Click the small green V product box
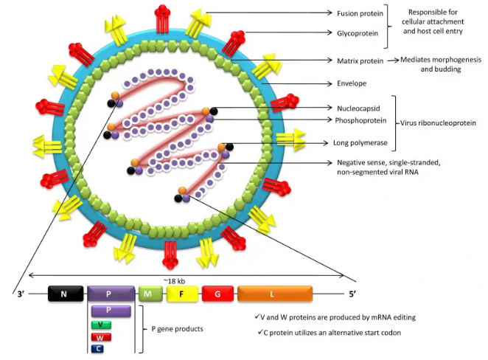click(x=102, y=325)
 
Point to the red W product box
click(x=102, y=336)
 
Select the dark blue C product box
click(x=99, y=348)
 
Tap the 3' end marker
click(x=21, y=295)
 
